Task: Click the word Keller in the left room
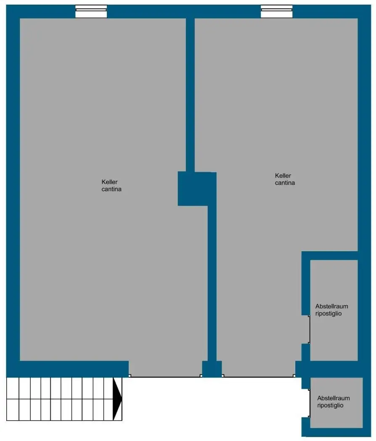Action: click(x=109, y=182)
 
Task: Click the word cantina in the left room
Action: click(x=111, y=189)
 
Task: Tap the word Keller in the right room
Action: click(x=283, y=176)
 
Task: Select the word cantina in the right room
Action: click(x=285, y=183)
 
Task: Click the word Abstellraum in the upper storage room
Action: click(x=331, y=306)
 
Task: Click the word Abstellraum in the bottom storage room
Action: click(x=334, y=398)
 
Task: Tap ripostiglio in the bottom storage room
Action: click(x=330, y=405)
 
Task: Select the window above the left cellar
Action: click(x=91, y=11)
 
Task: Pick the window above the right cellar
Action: click(x=276, y=11)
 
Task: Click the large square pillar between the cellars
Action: click(x=193, y=189)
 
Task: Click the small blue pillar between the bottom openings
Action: click(x=212, y=369)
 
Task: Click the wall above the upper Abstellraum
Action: click(x=330, y=255)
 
